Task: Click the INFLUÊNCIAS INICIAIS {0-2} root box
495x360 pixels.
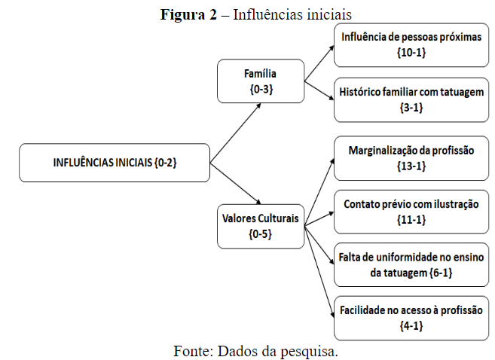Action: click(115, 163)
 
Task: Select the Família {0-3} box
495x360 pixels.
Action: click(260, 81)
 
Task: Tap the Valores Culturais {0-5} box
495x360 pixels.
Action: click(260, 226)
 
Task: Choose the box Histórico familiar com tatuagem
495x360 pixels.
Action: click(411, 99)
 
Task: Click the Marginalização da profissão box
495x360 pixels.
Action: click(411, 158)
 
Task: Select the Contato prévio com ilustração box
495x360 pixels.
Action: click(411, 211)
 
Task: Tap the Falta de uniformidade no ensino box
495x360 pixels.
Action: click(411, 264)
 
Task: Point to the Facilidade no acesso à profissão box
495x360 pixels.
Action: click(411, 317)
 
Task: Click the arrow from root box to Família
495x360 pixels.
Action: click(235, 132)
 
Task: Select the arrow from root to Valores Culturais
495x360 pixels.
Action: click(235, 185)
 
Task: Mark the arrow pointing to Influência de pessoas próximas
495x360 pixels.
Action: click(319, 61)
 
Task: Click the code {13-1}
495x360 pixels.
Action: click(411, 166)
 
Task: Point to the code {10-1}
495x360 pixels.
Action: click(411, 53)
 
